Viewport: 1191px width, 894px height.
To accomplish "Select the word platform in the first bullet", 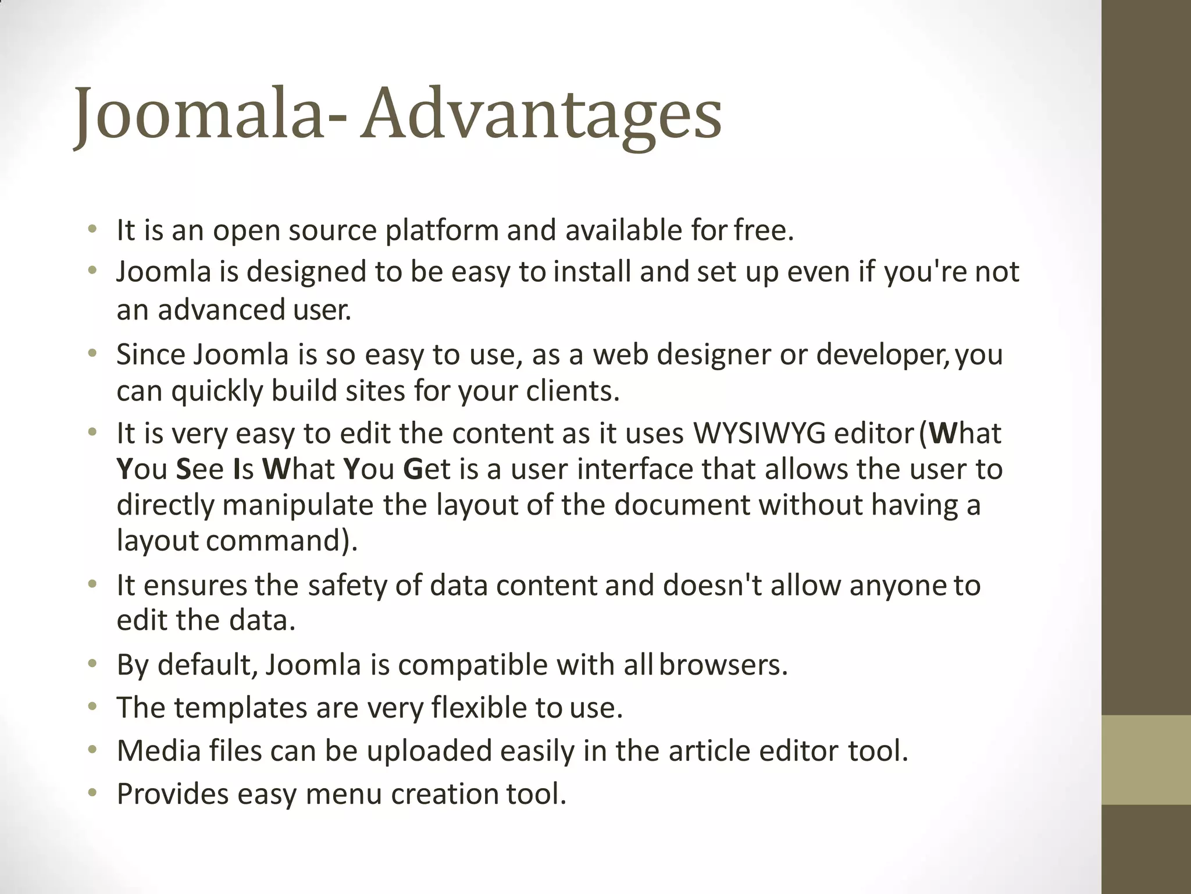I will click(442, 231).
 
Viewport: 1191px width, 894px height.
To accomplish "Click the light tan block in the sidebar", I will click(1146, 760).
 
